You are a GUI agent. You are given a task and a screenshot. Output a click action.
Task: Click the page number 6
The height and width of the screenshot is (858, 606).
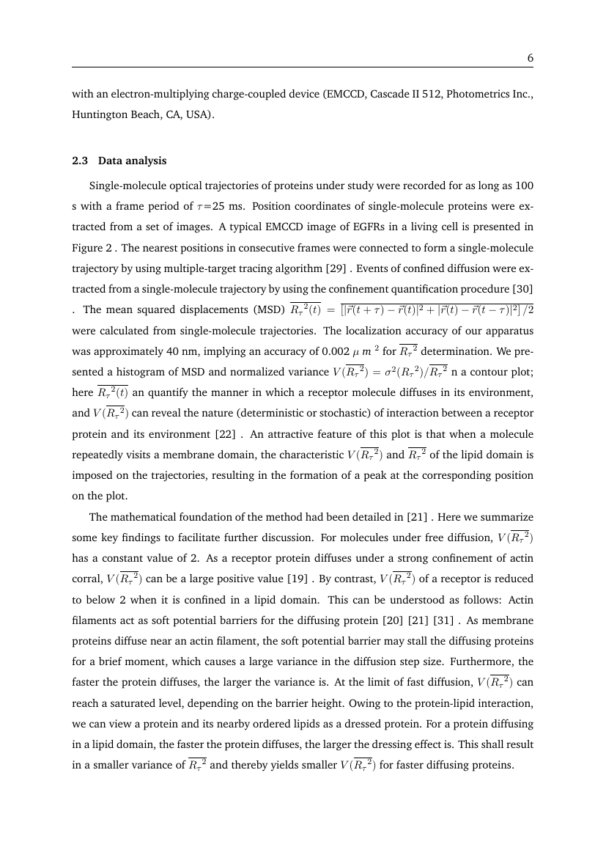(x=529, y=58)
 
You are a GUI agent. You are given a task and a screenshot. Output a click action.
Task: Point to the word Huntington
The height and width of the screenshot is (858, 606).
(x=97, y=114)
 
